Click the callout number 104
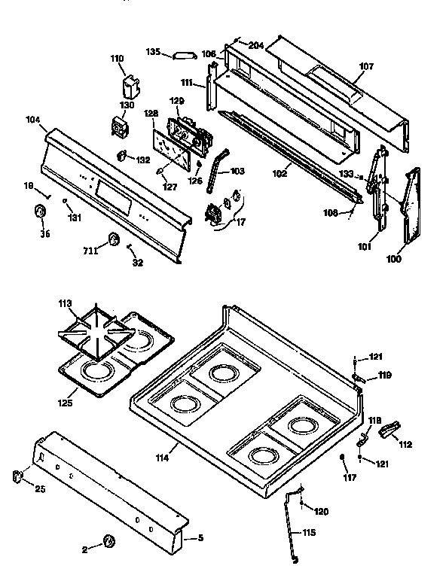32,120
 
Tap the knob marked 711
114,239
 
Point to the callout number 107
365,66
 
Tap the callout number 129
176,101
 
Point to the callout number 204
256,45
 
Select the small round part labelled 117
342,458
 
